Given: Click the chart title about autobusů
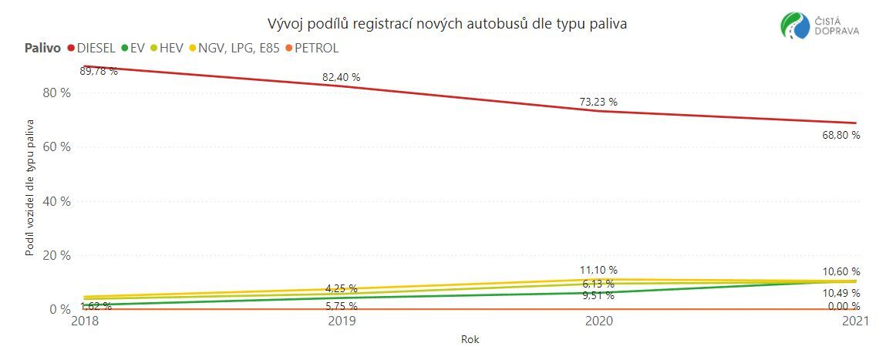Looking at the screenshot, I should click(446, 24).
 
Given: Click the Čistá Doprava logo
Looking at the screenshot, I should click(820, 25).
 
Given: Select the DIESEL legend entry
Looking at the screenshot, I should click(91, 48).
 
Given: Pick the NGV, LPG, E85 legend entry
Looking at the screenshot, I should click(232, 48).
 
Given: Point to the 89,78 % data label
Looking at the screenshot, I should click(99, 72).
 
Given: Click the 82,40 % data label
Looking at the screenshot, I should click(341, 77).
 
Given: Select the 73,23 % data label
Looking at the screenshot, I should click(598, 102).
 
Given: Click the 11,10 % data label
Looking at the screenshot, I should click(598, 270).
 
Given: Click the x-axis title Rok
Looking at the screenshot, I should click(470, 339).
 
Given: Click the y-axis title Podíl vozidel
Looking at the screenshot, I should click(31, 187).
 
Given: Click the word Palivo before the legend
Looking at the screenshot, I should click(40, 48).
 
